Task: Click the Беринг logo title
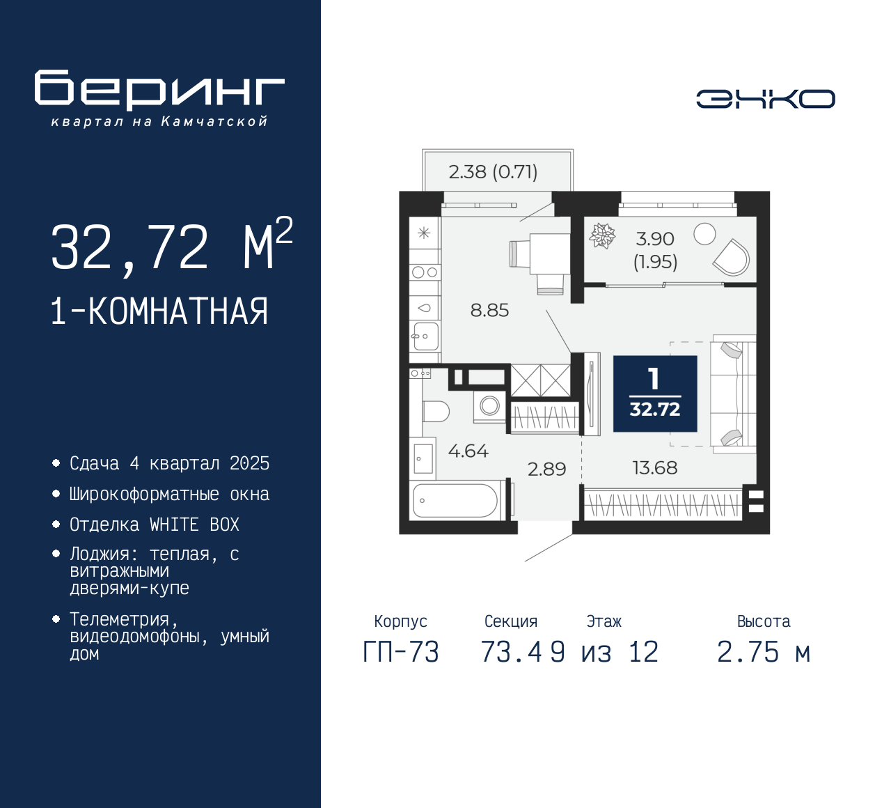pos(159,90)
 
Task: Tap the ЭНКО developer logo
pos(765,99)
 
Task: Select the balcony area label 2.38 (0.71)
pos(493,172)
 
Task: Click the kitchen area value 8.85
pos(489,311)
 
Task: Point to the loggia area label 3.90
pos(655,239)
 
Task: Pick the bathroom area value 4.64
pos(468,451)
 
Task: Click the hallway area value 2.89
pos(546,469)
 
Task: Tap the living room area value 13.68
pos(654,468)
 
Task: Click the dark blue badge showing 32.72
pos(654,394)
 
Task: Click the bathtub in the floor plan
pos(455,500)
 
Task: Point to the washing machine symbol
pos(489,405)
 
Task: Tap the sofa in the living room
pos(733,394)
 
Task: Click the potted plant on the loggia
pos(602,236)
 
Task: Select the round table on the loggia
pos(704,234)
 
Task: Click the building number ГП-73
pos(401,653)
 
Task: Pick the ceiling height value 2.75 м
pos(763,653)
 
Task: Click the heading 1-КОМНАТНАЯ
pos(159,311)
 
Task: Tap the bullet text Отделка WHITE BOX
pos(154,525)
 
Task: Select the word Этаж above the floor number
pos(604,621)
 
